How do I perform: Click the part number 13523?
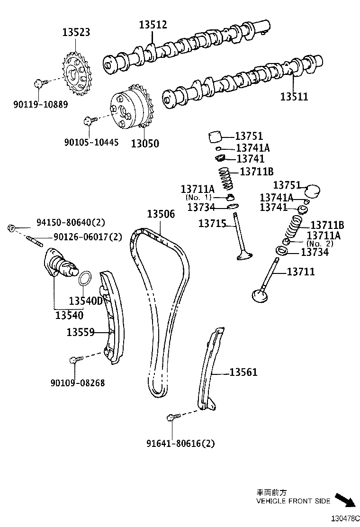click(x=76, y=32)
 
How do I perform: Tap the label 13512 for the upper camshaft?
click(x=153, y=25)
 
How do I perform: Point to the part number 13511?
click(x=294, y=97)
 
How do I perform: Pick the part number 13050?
click(x=145, y=143)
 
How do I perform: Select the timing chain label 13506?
click(x=161, y=214)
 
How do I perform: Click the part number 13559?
click(x=81, y=333)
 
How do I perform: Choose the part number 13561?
click(x=243, y=373)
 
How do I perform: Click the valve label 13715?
click(x=213, y=223)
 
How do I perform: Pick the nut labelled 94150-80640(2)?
click(x=12, y=228)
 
